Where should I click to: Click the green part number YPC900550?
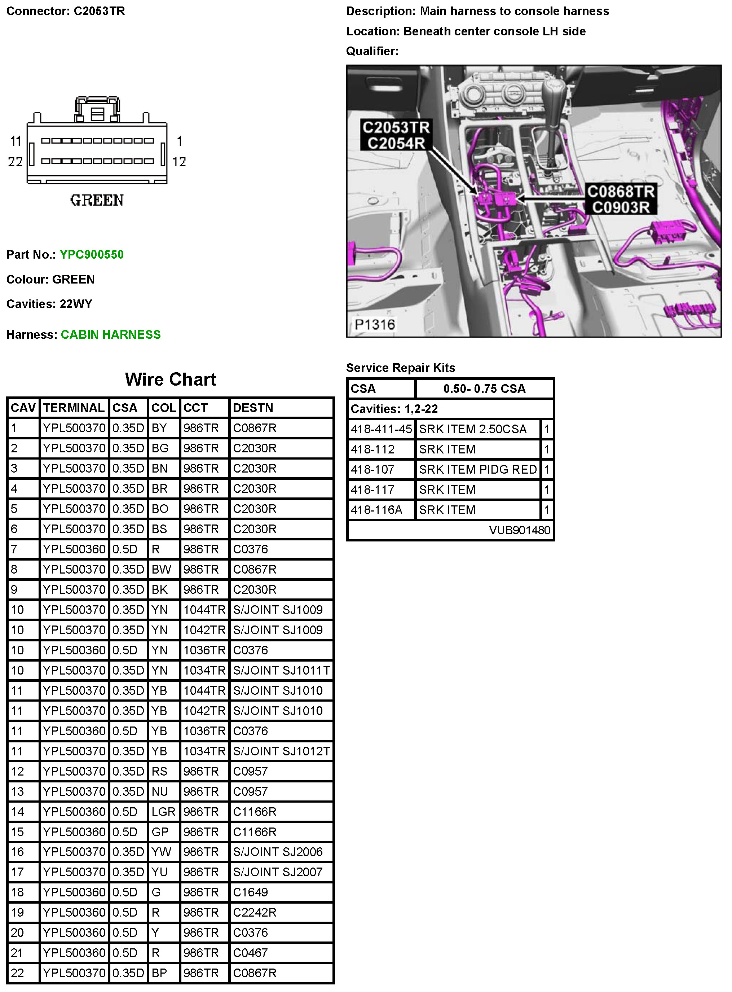91,254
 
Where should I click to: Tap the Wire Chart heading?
170,379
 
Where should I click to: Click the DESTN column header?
253,408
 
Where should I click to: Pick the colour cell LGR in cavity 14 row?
163,812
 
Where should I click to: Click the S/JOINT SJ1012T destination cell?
281,751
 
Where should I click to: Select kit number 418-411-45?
381,429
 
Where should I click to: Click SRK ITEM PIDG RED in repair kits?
478,469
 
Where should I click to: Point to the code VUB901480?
519,530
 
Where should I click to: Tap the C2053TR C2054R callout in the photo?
396,135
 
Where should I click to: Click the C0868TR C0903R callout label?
620,199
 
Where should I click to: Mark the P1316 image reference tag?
374,324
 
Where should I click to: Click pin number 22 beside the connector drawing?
16,162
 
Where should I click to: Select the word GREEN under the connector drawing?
97,200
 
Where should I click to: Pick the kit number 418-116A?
376,510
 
